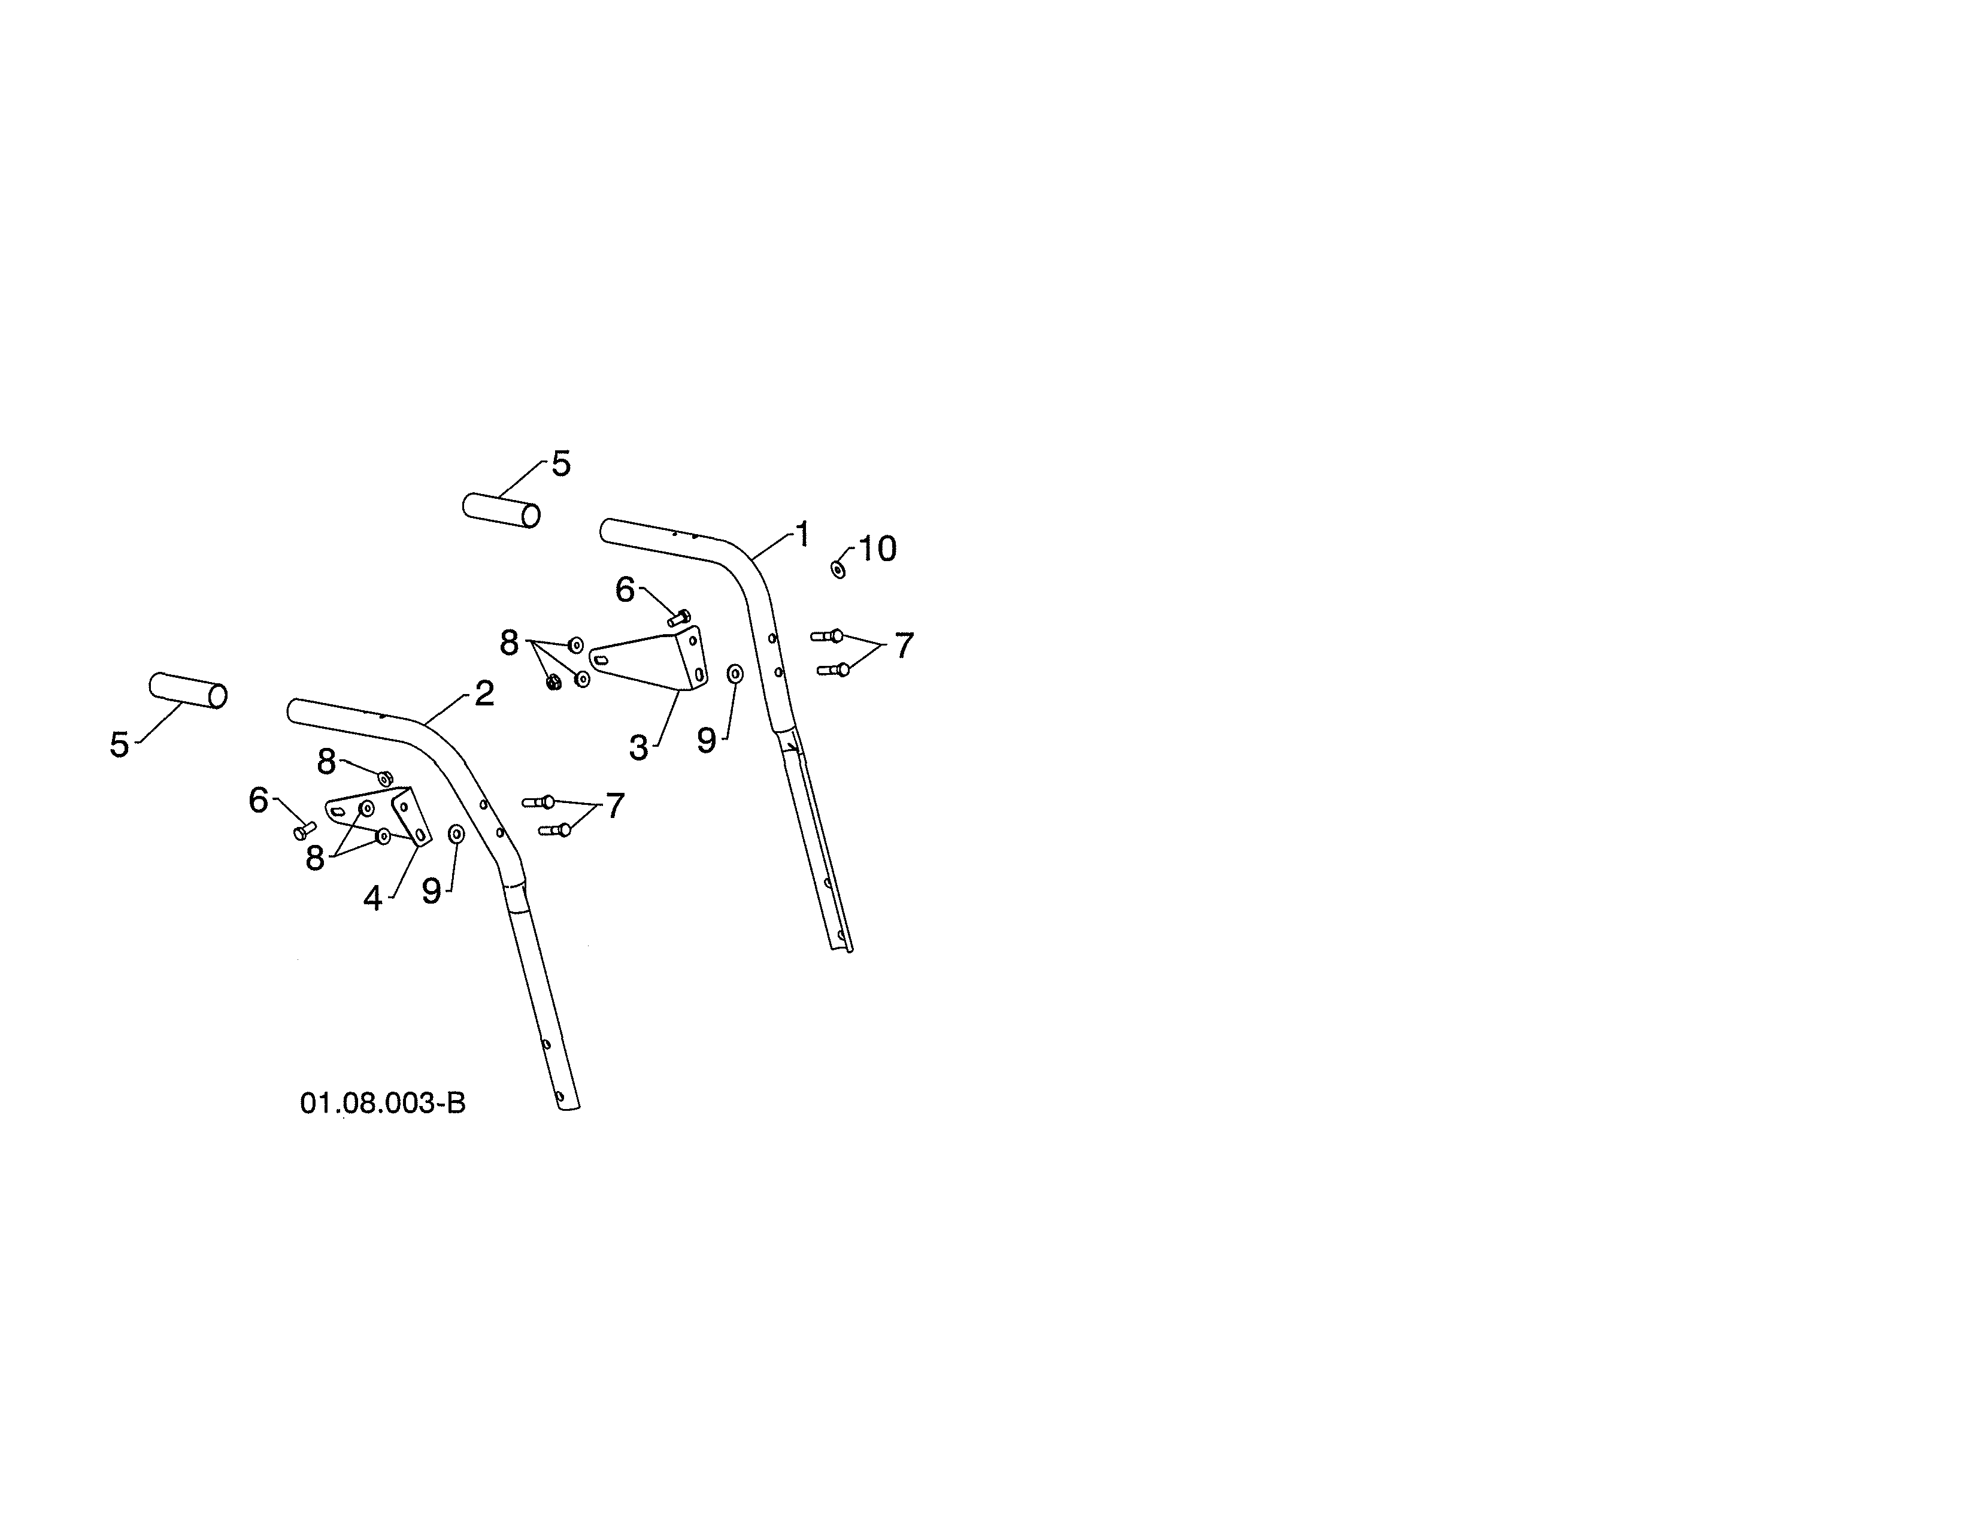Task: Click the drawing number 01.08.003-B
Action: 383,1104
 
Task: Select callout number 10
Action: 877,548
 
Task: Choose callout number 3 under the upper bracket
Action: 639,748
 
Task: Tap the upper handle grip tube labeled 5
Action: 501,510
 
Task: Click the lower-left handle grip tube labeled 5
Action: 188,690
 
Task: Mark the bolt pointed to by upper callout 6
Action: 678,618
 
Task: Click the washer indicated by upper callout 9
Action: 735,674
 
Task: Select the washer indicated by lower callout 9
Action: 457,833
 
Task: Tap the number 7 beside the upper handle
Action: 904,646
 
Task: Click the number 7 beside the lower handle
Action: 615,805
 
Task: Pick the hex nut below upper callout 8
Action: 554,683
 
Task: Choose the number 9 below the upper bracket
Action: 707,741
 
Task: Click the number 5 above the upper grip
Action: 561,464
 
